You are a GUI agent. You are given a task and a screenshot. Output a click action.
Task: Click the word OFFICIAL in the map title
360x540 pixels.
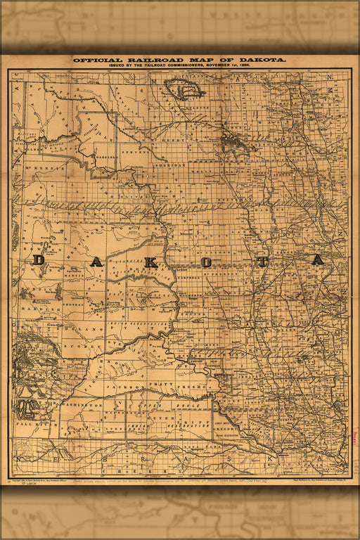98,60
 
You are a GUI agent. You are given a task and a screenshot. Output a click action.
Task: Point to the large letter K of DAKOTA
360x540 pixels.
150,262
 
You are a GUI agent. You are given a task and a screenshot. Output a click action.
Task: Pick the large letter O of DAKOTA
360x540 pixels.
207,262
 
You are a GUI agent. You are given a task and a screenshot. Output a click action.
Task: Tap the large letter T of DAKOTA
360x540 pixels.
262,262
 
